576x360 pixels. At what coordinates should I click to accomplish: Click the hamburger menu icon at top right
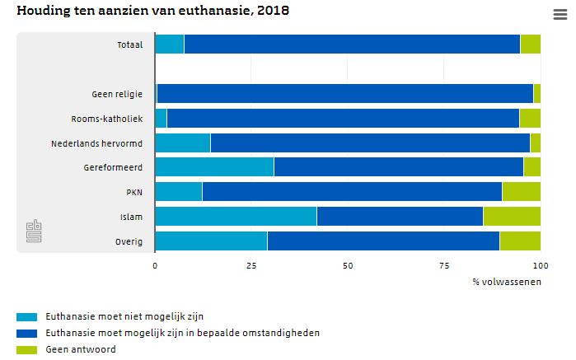[x=560, y=13]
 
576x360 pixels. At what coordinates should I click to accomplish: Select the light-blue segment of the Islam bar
[x=236, y=217]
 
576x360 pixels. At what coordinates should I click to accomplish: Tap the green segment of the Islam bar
[x=512, y=217]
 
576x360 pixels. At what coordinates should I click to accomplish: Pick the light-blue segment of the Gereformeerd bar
[x=214, y=167]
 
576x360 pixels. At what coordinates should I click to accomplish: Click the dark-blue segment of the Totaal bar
[x=352, y=44]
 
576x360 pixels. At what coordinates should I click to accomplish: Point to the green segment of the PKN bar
[x=521, y=192]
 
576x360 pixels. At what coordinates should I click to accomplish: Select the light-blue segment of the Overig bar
[x=211, y=241]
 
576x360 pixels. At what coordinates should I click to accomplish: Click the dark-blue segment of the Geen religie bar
[x=345, y=93]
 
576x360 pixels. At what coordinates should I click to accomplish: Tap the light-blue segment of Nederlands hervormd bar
[x=182, y=143]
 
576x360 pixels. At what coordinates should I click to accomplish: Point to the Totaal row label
[x=129, y=44]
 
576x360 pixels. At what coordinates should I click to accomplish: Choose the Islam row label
[x=132, y=217]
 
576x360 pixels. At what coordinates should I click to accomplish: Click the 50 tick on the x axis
[x=348, y=266]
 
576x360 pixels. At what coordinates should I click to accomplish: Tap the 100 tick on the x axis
[x=541, y=266]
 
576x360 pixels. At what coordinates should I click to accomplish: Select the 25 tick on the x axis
[x=251, y=266]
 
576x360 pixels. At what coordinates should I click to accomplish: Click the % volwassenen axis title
[x=506, y=283]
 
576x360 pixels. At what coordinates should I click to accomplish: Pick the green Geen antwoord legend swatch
[x=26, y=349]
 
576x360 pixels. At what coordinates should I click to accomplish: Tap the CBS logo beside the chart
[x=34, y=231]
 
